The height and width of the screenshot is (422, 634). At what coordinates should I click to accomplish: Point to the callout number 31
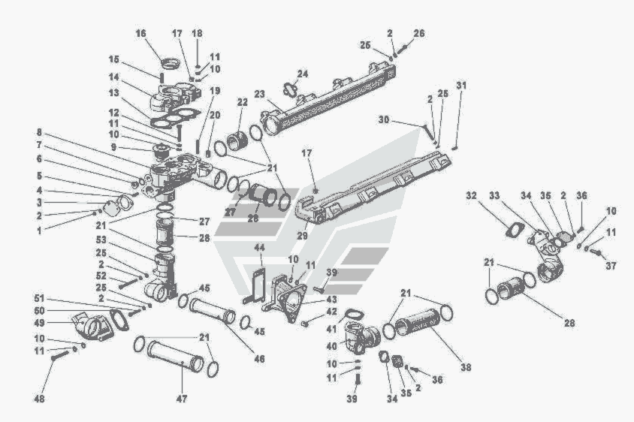460,85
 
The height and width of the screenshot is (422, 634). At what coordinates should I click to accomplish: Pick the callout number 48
38,398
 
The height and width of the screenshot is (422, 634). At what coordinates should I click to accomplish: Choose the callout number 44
259,247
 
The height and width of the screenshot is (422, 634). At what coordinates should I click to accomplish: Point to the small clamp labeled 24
291,89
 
